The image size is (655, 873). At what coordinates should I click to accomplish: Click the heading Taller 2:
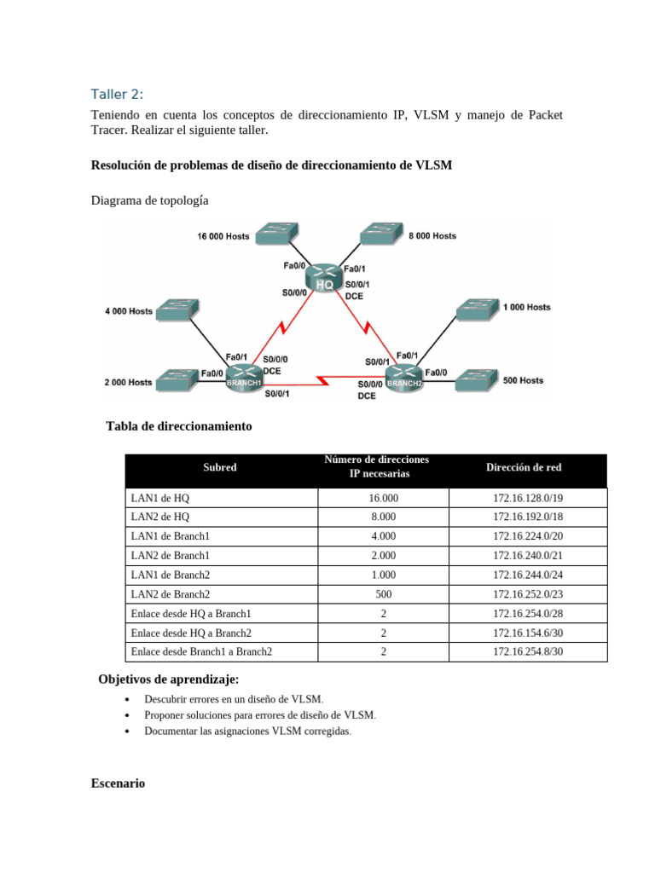coord(118,94)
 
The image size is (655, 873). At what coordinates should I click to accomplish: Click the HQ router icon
coord(324,278)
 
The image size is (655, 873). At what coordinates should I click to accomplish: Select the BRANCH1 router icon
coord(245,376)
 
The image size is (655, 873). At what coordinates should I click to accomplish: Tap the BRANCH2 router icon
coord(403,376)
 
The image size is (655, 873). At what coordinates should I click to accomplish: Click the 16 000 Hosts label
coord(223,236)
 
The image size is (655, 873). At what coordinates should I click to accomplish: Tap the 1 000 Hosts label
coord(526,307)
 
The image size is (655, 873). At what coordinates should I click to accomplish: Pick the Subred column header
coord(220,467)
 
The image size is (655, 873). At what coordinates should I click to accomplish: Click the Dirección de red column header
coord(524,467)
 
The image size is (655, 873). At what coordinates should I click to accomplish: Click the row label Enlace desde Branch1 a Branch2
coord(200,652)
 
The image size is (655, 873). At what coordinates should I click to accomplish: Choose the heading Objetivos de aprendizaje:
coord(169,679)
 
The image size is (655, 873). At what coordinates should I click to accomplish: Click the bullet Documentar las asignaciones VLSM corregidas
coord(247,731)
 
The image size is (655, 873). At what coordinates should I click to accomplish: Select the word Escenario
coord(118,783)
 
